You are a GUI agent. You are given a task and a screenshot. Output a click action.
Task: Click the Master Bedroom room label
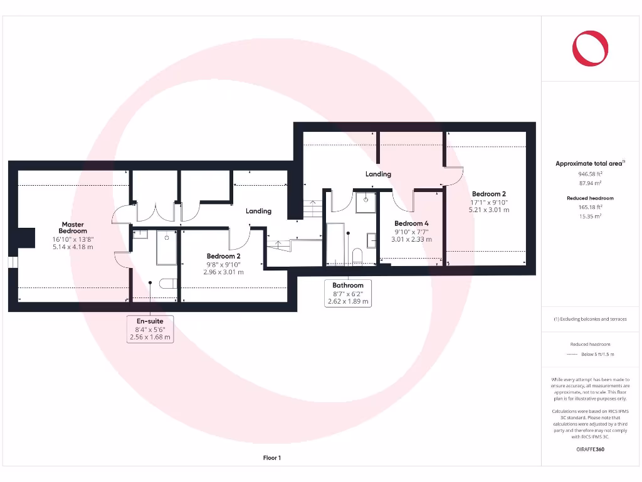pyautogui.click(x=73, y=228)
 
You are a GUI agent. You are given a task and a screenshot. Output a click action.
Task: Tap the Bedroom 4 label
pyautogui.click(x=412, y=223)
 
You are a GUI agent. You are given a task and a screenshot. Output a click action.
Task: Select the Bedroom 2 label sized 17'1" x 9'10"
pyautogui.click(x=489, y=194)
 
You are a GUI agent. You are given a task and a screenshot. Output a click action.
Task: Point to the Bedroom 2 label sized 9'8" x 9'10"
pyautogui.click(x=224, y=256)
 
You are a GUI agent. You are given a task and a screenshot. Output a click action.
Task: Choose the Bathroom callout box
pyautogui.click(x=348, y=293)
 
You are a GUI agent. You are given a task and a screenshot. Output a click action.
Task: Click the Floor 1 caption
pyautogui.click(x=271, y=458)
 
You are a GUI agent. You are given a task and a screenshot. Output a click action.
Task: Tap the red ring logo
pyautogui.click(x=590, y=48)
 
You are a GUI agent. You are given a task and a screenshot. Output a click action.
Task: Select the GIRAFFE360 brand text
pyautogui.click(x=590, y=449)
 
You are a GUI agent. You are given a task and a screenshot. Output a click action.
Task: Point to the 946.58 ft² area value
pyautogui.click(x=589, y=174)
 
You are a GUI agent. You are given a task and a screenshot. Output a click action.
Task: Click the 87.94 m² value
pyautogui.click(x=589, y=183)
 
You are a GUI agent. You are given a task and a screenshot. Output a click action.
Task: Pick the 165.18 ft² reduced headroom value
pyautogui.click(x=589, y=206)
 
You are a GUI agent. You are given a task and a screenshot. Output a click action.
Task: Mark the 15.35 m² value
pyautogui.click(x=589, y=215)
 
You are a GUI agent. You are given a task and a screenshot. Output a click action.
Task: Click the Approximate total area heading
pyautogui.click(x=589, y=164)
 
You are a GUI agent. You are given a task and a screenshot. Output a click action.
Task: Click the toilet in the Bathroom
pyautogui.click(x=357, y=256)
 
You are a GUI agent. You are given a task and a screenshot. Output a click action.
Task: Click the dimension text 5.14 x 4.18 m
pyautogui.click(x=73, y=247)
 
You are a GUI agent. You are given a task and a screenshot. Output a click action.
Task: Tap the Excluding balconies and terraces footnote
pyautogui.click(x=589, y=319)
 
